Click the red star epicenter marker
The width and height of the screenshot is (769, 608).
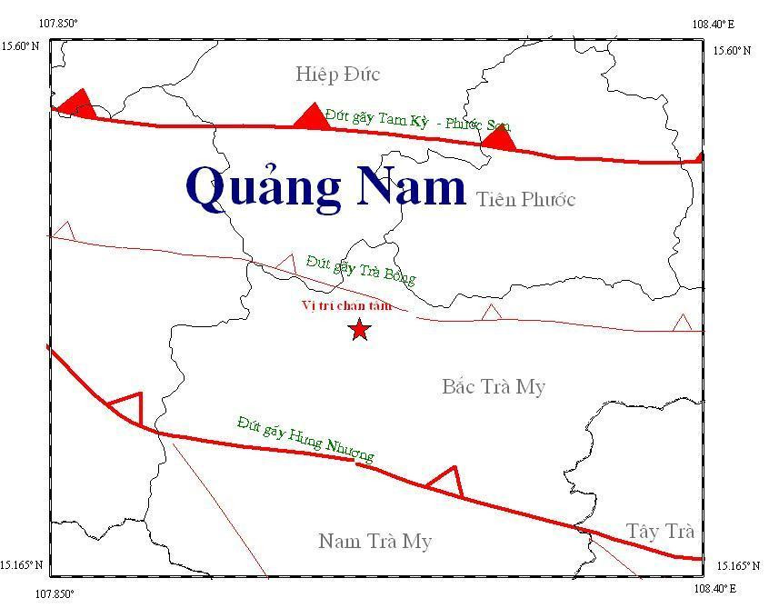coord(359,329)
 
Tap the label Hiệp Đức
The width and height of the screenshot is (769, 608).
coord(337,75)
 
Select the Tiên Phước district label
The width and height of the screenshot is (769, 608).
coord(525,200)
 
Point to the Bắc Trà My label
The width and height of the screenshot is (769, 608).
coord(494,387)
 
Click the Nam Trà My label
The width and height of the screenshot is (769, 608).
coord(375,542)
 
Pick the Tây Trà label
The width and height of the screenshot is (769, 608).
coord(661,532)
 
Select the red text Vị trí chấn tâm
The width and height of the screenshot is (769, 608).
coord(346,305)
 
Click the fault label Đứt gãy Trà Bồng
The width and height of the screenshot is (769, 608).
coord(361,270)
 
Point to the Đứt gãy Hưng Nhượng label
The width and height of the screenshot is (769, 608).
coord(305,439)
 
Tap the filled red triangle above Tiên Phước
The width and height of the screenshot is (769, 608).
coord(498,139)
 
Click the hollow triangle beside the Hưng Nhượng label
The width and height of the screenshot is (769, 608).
coord(445,481)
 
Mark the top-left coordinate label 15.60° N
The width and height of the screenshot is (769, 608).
coord(20,46)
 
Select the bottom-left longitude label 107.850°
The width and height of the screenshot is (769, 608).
coord(55,594)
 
